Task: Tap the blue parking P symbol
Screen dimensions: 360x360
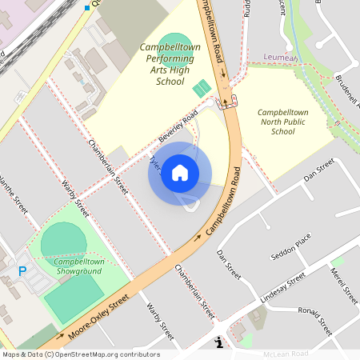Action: (x=22, y=272)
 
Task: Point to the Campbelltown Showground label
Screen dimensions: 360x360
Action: (x=78, y=266)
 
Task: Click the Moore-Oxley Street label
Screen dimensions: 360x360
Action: (x=99, y=311)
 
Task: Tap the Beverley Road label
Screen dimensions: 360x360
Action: (x=178, y=129)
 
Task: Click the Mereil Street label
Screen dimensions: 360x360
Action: (x=344, y=286)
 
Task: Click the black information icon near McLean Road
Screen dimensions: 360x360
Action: (x=220, y=342)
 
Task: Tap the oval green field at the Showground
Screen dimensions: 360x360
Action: (x=62, y=240)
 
